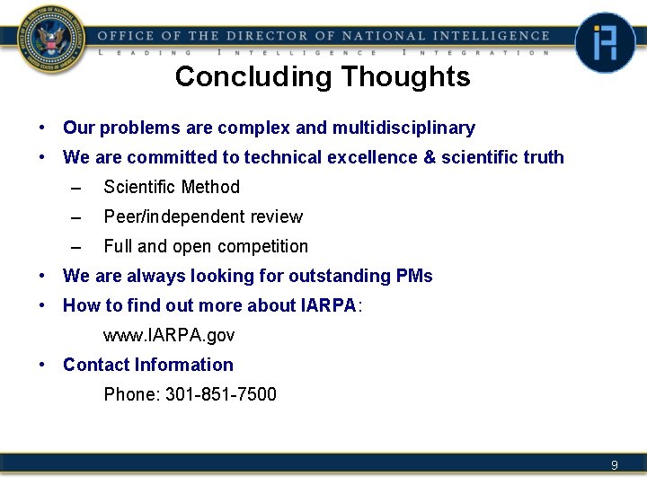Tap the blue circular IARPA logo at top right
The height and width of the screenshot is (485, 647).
(x=605, y=42)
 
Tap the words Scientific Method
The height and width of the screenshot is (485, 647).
(x=172, y=187)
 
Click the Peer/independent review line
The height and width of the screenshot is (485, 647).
(x=203, y=216)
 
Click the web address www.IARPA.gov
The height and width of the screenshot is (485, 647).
(x=169, y=335)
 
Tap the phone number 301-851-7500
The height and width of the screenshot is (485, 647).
(x=221, y=394)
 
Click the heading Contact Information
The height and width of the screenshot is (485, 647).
(x=148, y=365)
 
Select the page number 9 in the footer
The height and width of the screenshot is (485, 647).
(x=615, y=464)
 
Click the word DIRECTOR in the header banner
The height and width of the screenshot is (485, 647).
(x=265, y=36)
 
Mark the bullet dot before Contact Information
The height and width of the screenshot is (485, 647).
(x=42, y=365)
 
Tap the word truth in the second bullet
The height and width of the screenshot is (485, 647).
(x=539, y=158)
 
